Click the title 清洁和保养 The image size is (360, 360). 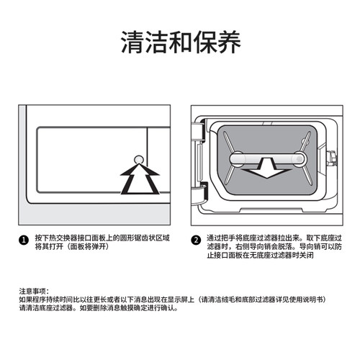click(179, 41)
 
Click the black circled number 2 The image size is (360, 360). click(196, 240)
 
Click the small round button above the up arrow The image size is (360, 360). click(138, 158)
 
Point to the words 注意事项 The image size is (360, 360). click(34, 290)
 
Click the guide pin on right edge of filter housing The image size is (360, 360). click(332, 158)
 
